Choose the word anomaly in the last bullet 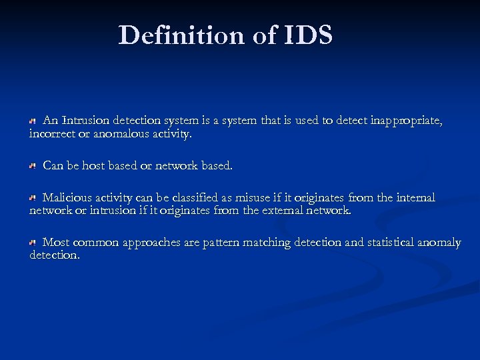[x=439, y=243]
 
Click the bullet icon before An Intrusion [x=32, y=122]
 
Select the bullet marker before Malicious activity [x=32, y=199]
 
